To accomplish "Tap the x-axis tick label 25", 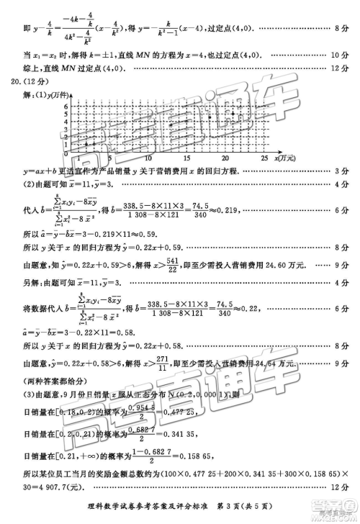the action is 264,158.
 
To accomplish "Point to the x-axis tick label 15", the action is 186,158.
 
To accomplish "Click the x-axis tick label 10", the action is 148,158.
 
